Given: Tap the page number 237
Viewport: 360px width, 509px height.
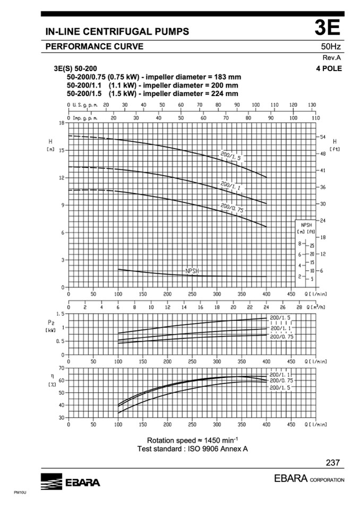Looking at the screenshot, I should pyautogui.click(x=333, y=462).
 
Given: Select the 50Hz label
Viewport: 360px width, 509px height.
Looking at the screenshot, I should pyautogui.click(x=331, y=47).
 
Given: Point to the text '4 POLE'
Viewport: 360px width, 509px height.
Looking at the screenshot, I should pyautogui.click(x=329, y=68).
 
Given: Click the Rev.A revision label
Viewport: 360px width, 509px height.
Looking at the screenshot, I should pyautogui.click(x=332, y=58).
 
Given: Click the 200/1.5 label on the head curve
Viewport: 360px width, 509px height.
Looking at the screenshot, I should pyautogui.click(x=231, y=156).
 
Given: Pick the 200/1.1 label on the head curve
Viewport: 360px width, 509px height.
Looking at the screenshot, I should pyautogui.click(x=231, y=186).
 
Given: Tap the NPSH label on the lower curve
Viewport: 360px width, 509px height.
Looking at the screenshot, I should pyautogui.click(x=192, y=271).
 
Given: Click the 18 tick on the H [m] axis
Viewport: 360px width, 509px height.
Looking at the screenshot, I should pyautogui.click(x=61, y=123).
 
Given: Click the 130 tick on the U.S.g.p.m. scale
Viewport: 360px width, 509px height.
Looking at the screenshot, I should pyautogui.click(x=312, y=105).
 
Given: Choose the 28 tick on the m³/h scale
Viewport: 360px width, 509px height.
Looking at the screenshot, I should pyautogui.click(x=299, y=307).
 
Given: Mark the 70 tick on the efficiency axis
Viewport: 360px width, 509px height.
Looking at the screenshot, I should pyautogui.click(x=61, y=368).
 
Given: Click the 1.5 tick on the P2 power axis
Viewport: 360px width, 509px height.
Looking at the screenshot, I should pyautogui.click(x=60, y=314).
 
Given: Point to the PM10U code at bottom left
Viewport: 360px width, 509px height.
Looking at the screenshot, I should pyautogui.click(x=20, y=493).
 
